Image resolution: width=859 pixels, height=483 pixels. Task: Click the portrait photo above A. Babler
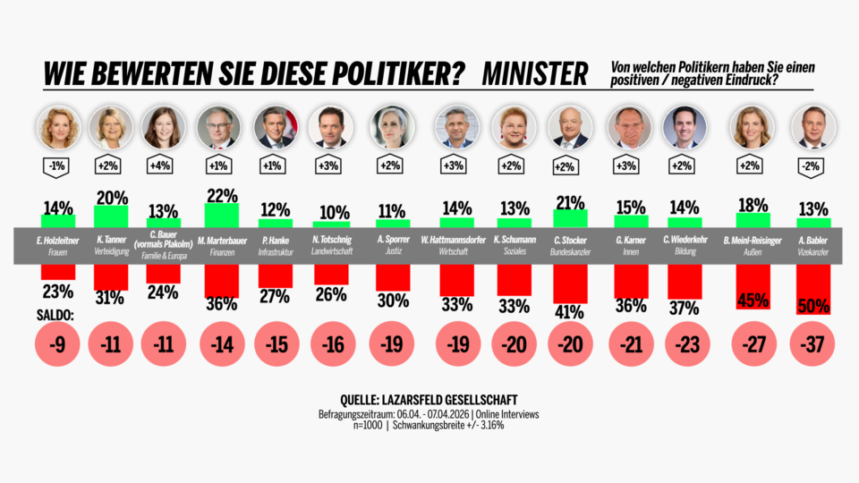813,128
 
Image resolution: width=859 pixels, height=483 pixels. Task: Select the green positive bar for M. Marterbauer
221,216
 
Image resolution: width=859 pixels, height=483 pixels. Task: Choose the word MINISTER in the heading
535,73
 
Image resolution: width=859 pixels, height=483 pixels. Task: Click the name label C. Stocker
569,240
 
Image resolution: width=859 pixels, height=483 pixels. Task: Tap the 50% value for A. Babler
813,306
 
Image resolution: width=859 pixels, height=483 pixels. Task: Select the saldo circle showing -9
59,346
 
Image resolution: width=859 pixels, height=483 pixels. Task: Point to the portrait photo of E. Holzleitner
59,128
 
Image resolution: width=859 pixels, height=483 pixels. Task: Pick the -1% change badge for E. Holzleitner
59,165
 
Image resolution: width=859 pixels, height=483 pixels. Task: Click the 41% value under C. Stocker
569,313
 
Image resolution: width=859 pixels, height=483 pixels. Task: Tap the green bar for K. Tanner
111,216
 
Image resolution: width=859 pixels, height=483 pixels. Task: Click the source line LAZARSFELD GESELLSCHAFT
429,400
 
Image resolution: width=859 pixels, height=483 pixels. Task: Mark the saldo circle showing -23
684,346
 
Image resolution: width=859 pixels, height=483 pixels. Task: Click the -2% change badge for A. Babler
813,165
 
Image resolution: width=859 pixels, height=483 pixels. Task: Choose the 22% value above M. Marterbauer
221,195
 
